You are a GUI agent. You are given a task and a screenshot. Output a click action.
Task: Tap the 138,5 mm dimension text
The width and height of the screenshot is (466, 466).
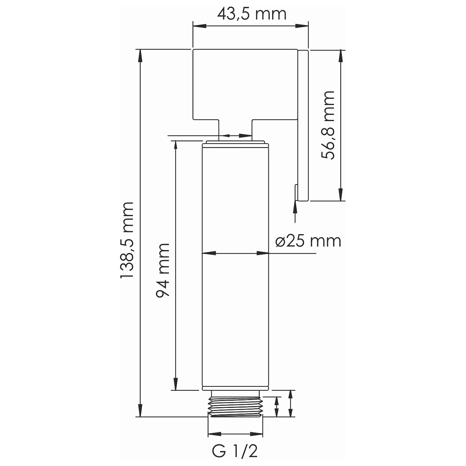click(127, 240)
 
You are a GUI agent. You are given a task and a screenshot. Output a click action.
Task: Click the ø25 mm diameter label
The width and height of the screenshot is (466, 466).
click(308, 241)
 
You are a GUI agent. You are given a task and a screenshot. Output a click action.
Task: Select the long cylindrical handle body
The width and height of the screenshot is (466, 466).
click(235, 265)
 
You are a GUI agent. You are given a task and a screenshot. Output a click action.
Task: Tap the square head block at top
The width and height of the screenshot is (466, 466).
click(245, 84)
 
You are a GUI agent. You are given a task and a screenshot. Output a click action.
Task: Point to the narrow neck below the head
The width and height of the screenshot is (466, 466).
click(235, 129)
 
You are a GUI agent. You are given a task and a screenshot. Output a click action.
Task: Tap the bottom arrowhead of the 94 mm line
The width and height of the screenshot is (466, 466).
click(175, 385)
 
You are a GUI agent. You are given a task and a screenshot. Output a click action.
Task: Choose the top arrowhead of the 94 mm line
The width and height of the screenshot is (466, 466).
click(175, 145)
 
